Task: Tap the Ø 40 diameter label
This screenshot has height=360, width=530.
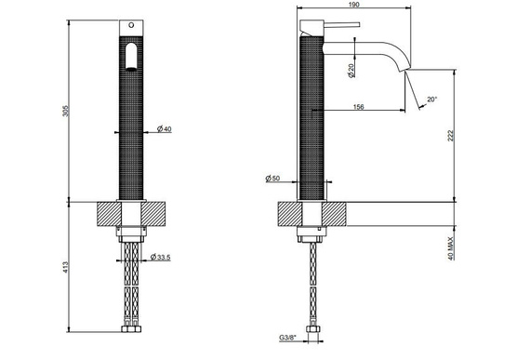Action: (165, 128)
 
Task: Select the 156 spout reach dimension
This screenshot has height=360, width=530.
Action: (357, 107)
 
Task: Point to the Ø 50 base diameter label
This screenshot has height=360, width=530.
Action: (272, 178)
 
